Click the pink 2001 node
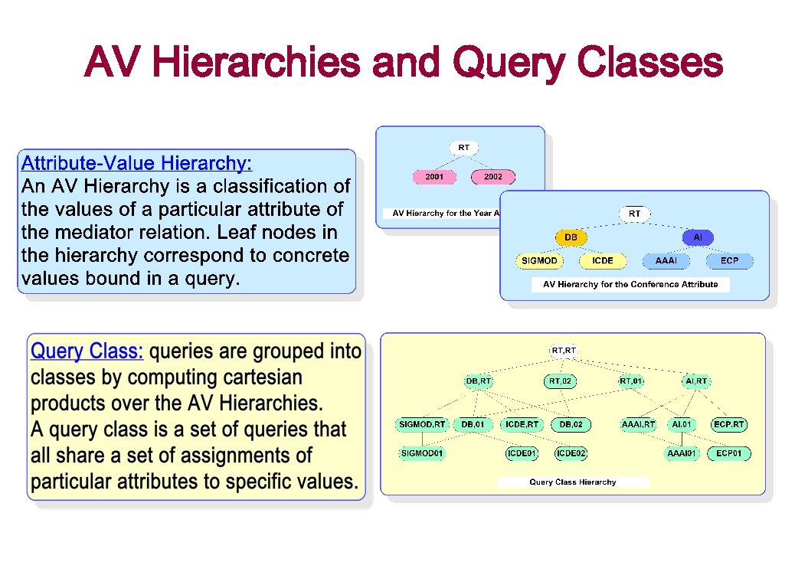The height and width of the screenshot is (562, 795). (x=434, y=177)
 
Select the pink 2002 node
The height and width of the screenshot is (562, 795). (x=493, y=177)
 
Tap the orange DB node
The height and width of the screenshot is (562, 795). (x=571, y=238)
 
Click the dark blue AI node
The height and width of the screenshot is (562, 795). (x=698, y=238)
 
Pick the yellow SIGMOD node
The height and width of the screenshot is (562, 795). (x=539, y=261)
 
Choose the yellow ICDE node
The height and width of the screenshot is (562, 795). (x=603, y=261)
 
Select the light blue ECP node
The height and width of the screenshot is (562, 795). (x=729, y=261)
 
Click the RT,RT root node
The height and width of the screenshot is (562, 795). (x=563, y=351)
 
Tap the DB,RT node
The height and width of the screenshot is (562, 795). (x=479, y=381)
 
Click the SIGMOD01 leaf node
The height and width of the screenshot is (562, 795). (x=422, y=453)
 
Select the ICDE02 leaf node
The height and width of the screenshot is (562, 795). (x=571, y=453)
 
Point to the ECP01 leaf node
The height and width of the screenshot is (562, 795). (x=729, y=453)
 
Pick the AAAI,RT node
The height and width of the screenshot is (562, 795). (x=639, y=423)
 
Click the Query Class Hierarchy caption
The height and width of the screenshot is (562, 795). (x=573, y=482)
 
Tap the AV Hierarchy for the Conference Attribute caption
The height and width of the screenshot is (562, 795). (x=630, y=284)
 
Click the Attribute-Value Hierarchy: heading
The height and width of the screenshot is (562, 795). (x=136, y=163)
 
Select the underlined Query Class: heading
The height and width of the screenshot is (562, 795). (x=87, y=351)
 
